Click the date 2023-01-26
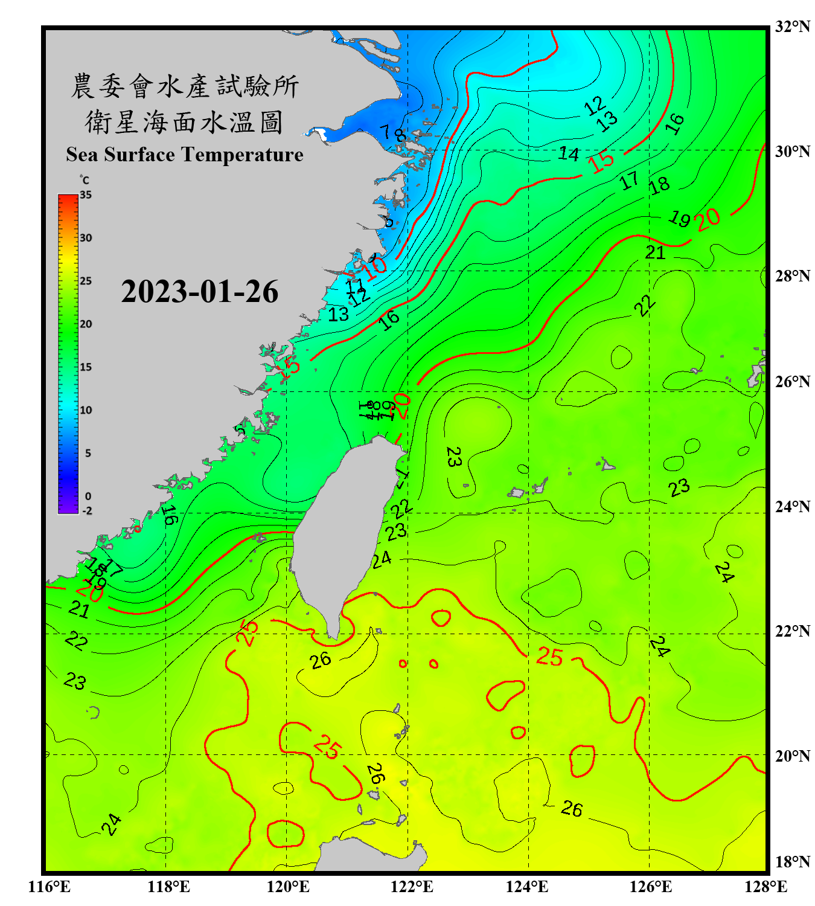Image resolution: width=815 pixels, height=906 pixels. pyautogui.click(x=199, y=292)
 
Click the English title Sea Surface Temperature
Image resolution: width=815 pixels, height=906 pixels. pyautogui.click(x=185, y=155)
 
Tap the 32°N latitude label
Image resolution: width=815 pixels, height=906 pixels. pyautogui.click(x=792, y=27)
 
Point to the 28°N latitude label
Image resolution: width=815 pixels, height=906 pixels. pyautogui.click(x=792, y=276)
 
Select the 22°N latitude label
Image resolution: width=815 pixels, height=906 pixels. pyautogui.click(x=792, y=631)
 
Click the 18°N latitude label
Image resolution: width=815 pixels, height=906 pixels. pyautogui.click(x=792, y=862)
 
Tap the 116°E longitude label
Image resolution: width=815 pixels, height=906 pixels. pyautogui.click(x=50, y=887)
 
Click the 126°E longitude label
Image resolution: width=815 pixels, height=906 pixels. pyautogui.click(x=650, y=887)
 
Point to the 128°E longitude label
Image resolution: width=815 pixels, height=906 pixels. pyautogui.click(x=765, y=887)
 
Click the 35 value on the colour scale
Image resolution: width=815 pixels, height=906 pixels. pyautogui.click(x=86, y=195)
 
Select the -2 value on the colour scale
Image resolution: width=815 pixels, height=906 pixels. pyautogui.click(x=87, y=511)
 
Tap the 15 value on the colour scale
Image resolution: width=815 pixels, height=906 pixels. pyautogui.click(x=86, y=367)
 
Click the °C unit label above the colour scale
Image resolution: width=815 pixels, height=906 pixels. pyautogui.click(x=85, y=181)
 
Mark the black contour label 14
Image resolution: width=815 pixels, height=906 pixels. pyautogui.click(x=568, y=154)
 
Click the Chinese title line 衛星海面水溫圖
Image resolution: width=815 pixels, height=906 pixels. pyautogui.click(x=184, y=123)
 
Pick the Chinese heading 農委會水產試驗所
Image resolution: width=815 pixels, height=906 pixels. pyautogui.click(x=184, y=86)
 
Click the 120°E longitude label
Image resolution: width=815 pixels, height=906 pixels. pyautogui.click(x=288, y=887)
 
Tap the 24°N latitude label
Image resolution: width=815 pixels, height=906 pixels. pyautogui.click(x=792, y=506)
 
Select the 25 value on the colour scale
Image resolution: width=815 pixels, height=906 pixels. pyautogui.click(x=86, y=281)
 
